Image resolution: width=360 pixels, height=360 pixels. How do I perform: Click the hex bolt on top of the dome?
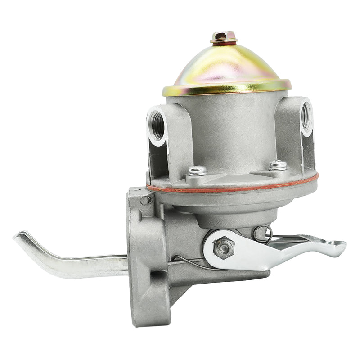tap(224, 36)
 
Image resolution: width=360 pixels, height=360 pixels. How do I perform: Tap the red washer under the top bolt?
tap(224, 42)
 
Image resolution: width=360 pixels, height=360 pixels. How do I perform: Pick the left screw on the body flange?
tap(197, 171)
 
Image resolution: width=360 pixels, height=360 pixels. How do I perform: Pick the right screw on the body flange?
tap(277, 165)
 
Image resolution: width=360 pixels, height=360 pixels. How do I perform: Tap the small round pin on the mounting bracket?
tap(145, 200)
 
